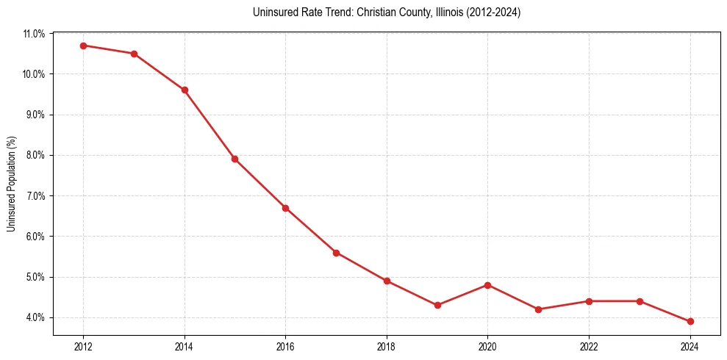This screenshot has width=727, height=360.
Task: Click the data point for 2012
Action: [x=83, y=46]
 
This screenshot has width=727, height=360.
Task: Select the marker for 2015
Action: [x=234, y=159]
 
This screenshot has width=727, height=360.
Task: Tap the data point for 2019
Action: [x=437, y=305]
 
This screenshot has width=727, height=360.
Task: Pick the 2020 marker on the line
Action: [x=488, y=285]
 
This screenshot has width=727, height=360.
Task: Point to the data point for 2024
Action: [x=690, y=321]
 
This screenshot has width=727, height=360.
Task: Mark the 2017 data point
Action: [x=336, y=253]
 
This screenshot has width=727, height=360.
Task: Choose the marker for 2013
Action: [x=134, y=54]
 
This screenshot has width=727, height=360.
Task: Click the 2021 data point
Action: [x=538, y=309]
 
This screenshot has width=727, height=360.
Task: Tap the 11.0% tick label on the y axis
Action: [x=35, y=34]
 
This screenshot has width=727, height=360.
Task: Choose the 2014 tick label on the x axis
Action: [x=185, y=346]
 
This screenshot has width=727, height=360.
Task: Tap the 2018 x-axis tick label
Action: [x=387, y=346]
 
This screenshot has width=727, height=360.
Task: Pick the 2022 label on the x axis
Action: [x=589, y=346]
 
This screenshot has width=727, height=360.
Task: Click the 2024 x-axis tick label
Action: [x=690, y=346]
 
